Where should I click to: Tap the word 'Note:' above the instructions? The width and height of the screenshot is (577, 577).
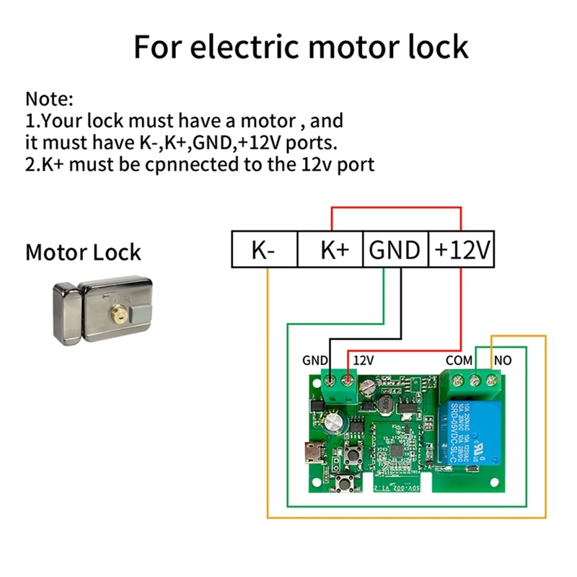pyautogui.click(x=50, y=99)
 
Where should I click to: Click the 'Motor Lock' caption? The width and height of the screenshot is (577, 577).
pyautogui.click(x=83, y=253)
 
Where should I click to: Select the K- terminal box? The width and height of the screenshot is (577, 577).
pyautogui.click(x=264, y=250)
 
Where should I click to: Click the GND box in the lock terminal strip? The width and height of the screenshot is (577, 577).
pyautogui.click(x=395, y=250)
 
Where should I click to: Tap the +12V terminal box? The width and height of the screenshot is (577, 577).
pyautogui.click(x=462, y=250)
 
